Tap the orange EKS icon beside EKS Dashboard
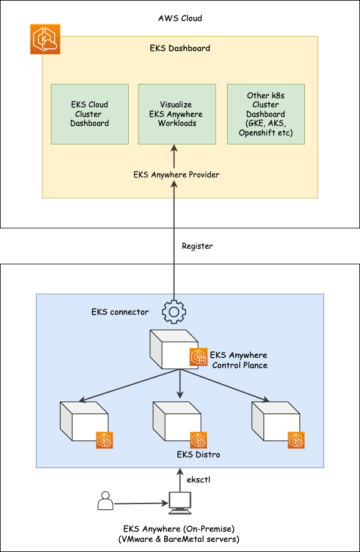pos(45,40)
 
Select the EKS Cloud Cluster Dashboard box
pos(90,114)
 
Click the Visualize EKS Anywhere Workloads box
pos(177,114)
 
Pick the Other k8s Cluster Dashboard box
pos(266,114)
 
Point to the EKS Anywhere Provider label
pos(176,175)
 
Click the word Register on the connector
pos(197,246)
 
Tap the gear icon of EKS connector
pos(174,312)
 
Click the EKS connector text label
pos(120,312)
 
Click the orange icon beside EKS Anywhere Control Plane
pos(198,357)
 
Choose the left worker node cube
pos(83,422)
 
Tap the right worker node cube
pos(274,422)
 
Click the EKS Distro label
pos(198,454)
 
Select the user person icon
pos(105,500)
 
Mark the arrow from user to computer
pos(140,503)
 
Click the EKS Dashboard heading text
pos(180,48)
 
